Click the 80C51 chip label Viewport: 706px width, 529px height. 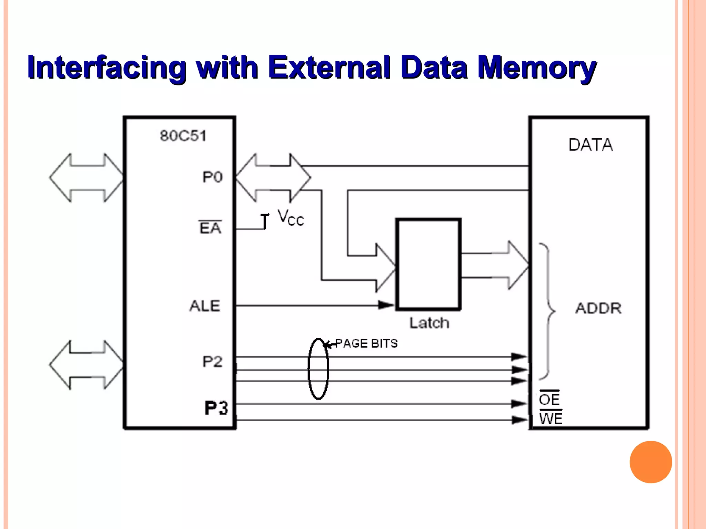183,136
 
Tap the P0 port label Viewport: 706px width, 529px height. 212,177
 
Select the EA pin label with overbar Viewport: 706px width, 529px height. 210,228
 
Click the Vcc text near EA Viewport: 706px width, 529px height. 291,218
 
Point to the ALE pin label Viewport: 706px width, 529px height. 205,306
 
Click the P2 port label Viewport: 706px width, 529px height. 212,362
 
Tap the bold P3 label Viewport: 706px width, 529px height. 216,408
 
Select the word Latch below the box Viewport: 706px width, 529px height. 429,323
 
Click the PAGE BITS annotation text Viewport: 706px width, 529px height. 366,343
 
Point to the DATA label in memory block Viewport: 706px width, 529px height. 591,145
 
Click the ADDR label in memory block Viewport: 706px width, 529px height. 598,308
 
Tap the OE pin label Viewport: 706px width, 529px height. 549,400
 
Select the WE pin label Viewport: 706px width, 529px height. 551,419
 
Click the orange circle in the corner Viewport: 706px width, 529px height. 650,462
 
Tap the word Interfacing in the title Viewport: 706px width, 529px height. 107,68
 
